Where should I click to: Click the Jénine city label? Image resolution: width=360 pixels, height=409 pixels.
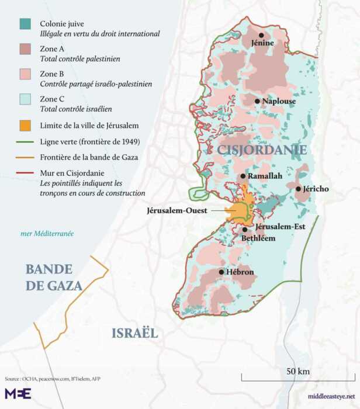pos(262,43)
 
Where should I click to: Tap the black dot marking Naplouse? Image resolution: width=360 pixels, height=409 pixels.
pos(257,101)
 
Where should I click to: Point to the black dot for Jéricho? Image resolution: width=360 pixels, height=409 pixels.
pos(298,189)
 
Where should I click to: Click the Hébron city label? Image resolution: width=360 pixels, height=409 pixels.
pos(238,272)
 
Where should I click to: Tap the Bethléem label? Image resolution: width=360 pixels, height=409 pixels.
pos(258,238)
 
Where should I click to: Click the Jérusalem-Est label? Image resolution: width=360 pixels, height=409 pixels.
pos(275,227)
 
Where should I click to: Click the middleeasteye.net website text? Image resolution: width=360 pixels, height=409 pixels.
pos(330,396)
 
